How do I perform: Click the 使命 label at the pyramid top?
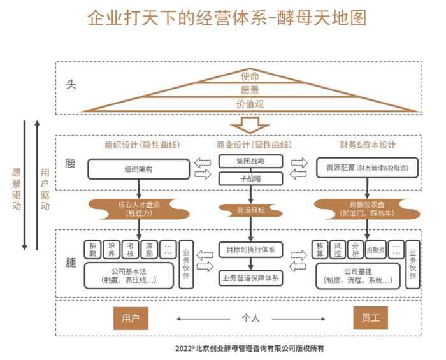250,76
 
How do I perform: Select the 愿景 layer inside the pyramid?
250,90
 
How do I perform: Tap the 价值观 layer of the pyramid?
250,104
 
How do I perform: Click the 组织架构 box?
138,169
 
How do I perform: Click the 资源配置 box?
366,169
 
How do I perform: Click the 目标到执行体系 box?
250,248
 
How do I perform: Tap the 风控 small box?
338,248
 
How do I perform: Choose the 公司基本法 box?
129,275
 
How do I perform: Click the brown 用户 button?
131,317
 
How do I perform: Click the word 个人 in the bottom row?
250,318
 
